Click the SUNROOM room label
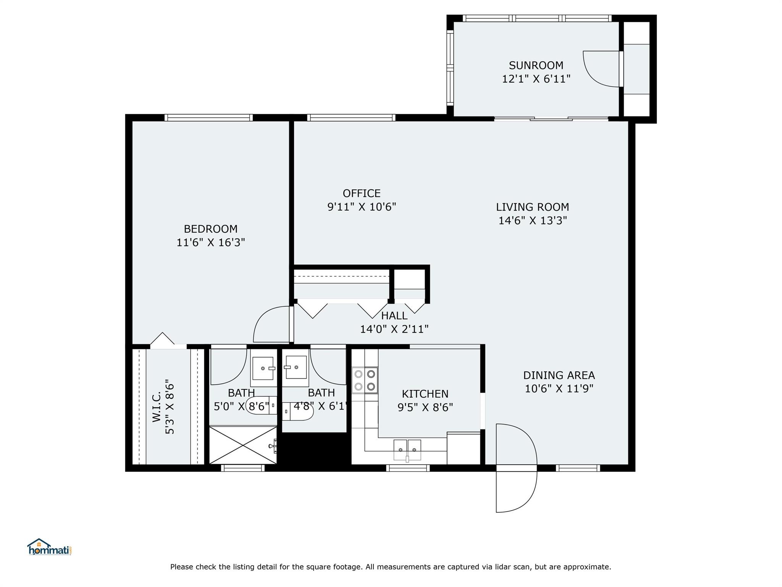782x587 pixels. pos(536,65)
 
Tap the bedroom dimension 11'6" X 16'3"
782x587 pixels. pos(210,243)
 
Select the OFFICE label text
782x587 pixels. pos(361,193)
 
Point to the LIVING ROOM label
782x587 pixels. pos(532,207)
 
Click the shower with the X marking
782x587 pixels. pos(243,445)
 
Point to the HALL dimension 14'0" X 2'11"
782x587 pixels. pos(394,329)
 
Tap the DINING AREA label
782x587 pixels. pos(559,375)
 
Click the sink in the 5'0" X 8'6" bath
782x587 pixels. pos(263,368)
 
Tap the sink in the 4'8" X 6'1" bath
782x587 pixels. pos(296,367)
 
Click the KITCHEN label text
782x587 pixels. pos(425,394)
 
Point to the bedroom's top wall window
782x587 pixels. pos(208,118)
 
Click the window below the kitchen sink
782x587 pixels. pos(408,468)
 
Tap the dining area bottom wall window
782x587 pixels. pos(578,468)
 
